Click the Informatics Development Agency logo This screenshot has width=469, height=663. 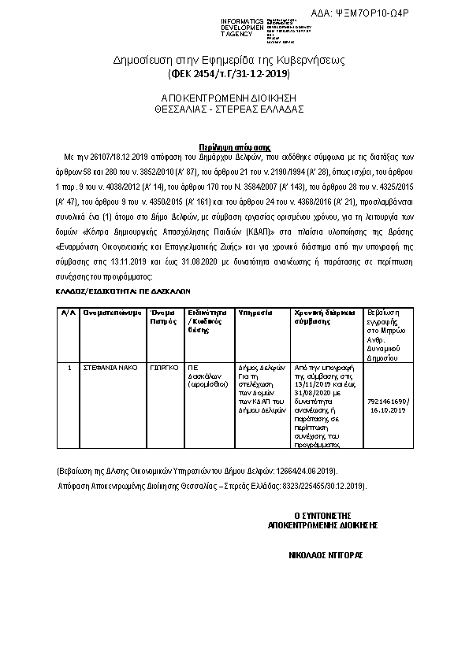256,26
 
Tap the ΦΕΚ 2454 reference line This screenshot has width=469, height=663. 229,74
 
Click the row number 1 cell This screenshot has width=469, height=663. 69,367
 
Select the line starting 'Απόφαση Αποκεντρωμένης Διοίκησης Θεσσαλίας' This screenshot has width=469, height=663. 213,487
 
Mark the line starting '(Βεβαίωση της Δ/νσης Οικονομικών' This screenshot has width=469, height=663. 182,471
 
